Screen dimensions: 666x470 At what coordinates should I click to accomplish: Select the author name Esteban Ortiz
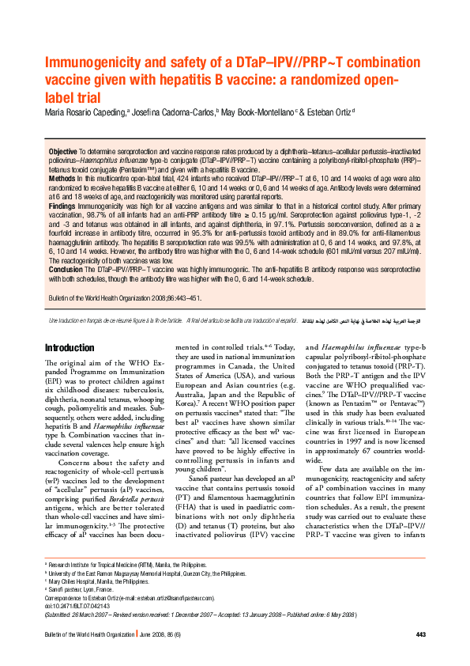tap(331, 113)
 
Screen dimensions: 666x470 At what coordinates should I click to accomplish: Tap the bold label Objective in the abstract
tap(62, 150)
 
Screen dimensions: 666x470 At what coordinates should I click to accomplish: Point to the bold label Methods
tap(63, 180)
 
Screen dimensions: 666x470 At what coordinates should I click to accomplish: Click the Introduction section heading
tap(70, 347)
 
